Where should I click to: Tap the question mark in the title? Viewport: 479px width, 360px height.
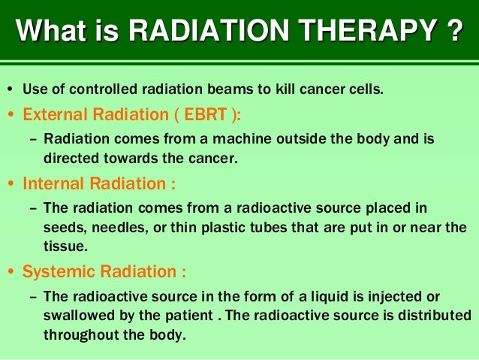coord(450,34)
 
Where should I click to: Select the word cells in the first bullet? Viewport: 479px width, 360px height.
coord(366,91)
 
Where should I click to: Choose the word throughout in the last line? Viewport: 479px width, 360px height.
coord(77,334)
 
